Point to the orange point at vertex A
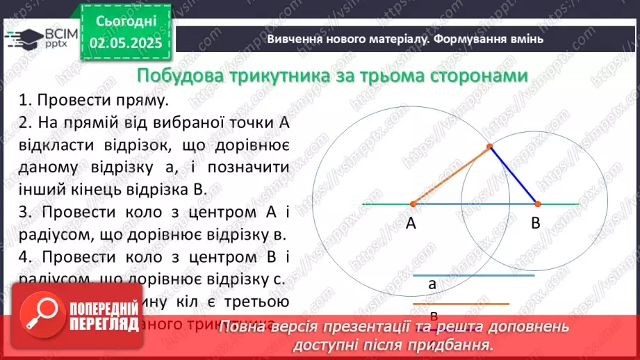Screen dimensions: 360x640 coord(413,204)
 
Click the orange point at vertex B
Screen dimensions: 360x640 coord(537,204)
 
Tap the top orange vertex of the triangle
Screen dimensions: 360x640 coord(489,147)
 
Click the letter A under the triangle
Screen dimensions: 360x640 coord(411,224)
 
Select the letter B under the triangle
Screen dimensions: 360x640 coord(536,224)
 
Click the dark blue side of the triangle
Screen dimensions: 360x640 coord(514,176)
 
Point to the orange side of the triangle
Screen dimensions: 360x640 coord(450,176)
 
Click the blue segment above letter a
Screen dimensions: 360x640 coord(473,275)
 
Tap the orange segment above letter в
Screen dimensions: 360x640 coord(461,304)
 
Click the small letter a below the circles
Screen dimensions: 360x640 coord(432,284)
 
